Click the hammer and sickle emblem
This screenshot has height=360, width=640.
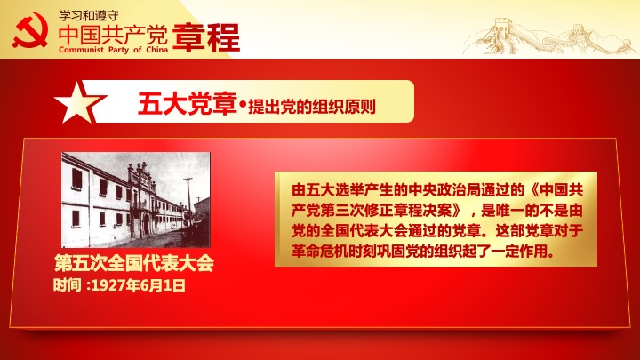point(30,30)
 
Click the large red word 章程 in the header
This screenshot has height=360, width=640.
point(206,37)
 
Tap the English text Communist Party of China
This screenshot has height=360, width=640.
point(113,50)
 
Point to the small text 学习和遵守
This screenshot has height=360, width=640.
point(89,15)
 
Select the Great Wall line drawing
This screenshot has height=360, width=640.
point(548,36)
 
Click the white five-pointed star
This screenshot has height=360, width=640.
point(79,102)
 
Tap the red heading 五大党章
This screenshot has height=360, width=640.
point(188,104)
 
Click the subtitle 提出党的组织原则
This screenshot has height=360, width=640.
point(312,107)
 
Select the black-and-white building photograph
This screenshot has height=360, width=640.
point(136,200)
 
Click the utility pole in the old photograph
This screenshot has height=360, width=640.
point(188,200)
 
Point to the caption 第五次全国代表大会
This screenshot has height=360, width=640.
point(134,263)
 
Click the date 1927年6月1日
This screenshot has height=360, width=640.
point(139,285)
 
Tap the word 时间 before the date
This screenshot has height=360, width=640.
point(67,285)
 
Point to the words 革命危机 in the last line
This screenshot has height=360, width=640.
point(320,251)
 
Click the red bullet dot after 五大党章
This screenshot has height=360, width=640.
point(243,106)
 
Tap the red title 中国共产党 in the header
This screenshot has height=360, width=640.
point(113,35)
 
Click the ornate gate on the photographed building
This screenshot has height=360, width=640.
point(141,192)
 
